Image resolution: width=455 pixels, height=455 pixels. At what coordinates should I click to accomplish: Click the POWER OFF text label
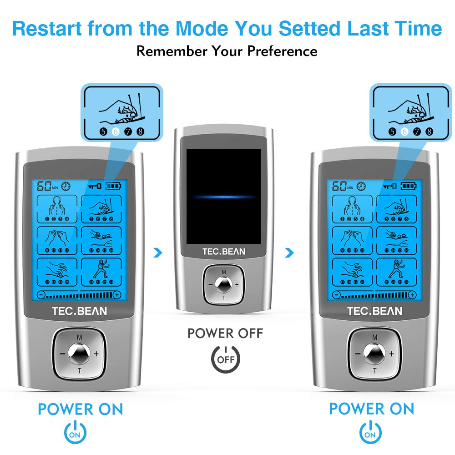pos(225,334)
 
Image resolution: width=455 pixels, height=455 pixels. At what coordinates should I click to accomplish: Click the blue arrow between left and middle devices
pos(157,252)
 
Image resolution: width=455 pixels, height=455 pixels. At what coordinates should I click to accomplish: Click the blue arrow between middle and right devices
pos(289,252)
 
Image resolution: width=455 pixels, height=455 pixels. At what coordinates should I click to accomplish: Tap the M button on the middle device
pos(223,272)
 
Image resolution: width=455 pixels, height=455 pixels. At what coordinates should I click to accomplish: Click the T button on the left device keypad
pos(79,371)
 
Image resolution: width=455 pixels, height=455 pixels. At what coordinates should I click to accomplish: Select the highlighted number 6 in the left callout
pos(115,132)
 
